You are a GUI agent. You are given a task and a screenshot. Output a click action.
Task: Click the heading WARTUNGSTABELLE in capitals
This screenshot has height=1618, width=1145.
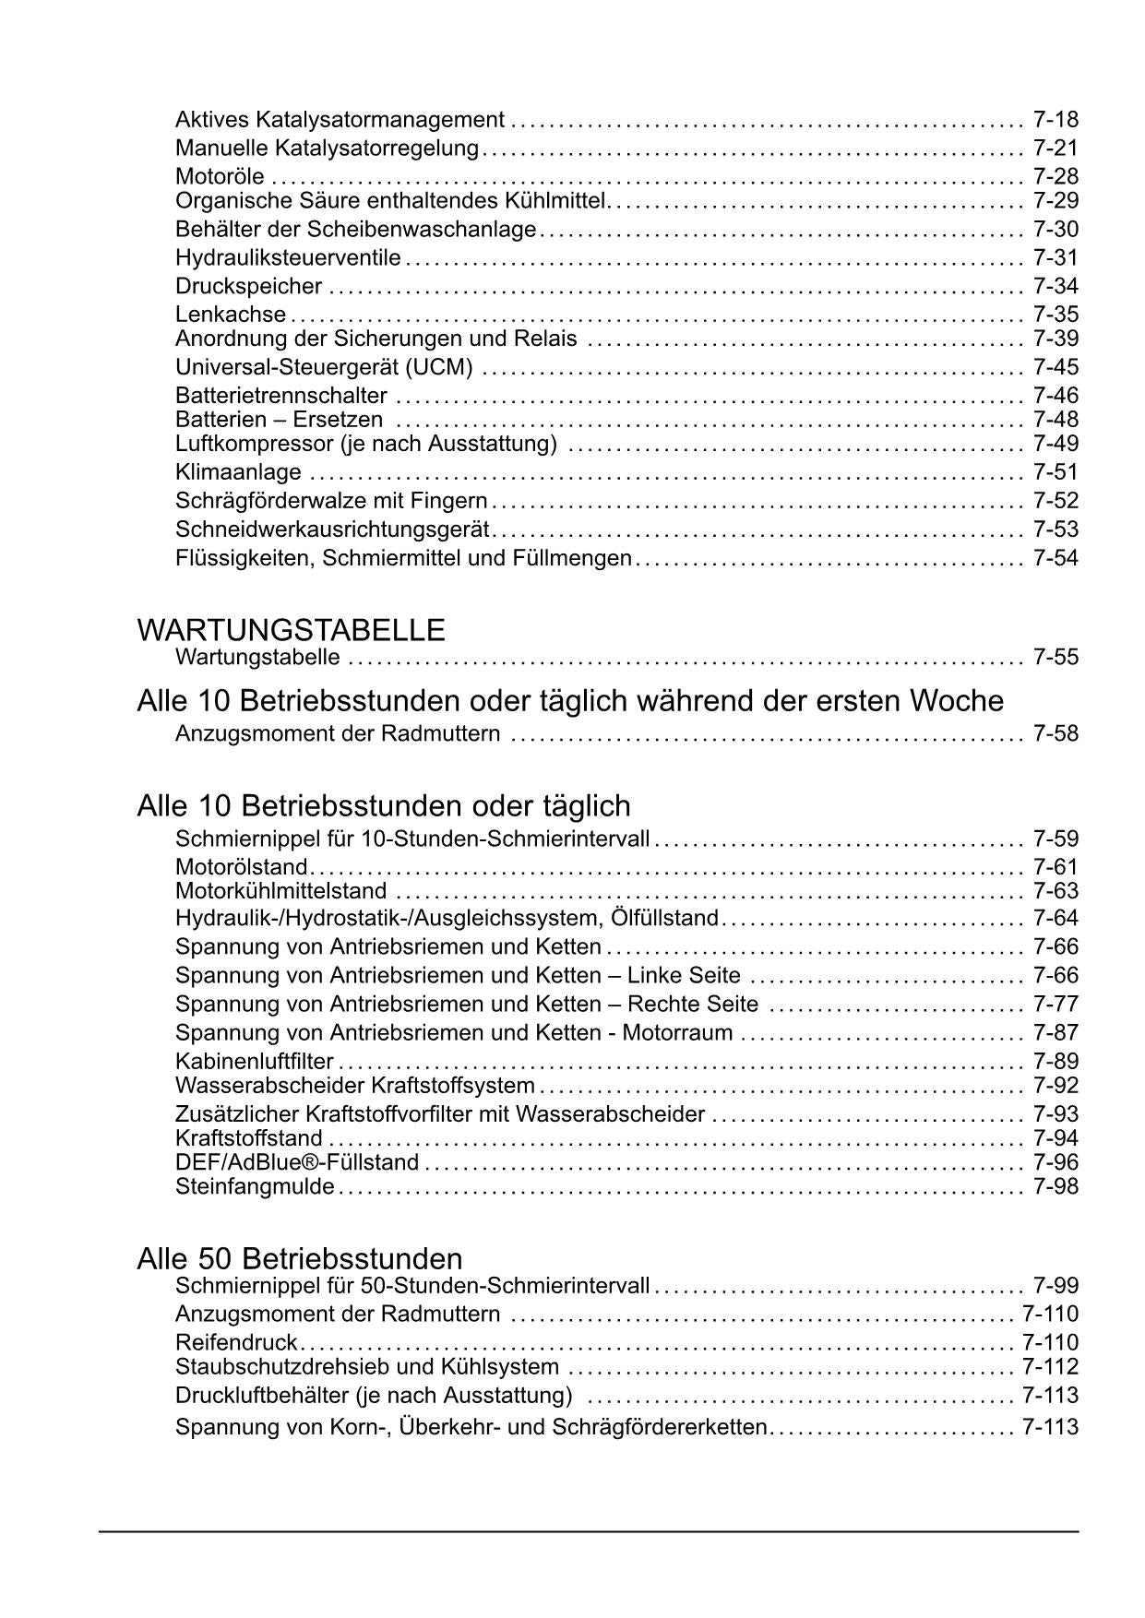[291, 631]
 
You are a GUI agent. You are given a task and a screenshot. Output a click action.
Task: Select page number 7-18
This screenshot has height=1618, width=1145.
[1056, 120]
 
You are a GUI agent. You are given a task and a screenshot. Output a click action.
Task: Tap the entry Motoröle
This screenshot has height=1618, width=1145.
[220, 176]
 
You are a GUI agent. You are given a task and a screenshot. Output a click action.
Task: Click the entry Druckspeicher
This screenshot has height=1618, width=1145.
[248, 286]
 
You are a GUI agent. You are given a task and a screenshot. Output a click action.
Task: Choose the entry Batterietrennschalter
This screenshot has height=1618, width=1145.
[281, 396]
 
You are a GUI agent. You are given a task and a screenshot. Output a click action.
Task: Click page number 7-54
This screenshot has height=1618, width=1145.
[1056, 558]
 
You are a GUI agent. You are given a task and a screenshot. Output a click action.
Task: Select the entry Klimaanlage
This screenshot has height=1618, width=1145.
[238, 472]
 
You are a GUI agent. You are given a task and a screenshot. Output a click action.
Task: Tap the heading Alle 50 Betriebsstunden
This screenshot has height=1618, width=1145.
[300, 1259]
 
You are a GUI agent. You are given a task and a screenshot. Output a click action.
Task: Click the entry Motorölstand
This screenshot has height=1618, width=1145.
[241, 867]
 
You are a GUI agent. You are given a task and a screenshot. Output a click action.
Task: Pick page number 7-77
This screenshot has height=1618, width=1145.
[1056, 1004]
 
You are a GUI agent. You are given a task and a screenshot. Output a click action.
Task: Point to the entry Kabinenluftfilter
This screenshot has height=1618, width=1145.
[255, 1062]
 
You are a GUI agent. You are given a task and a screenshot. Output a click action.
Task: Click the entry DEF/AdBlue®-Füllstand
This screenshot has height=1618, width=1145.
[297, 1162]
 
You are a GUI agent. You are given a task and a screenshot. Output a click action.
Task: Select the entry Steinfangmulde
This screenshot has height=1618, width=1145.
[255, 1186]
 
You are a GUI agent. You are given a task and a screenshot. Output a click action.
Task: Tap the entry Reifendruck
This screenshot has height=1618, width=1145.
[236, 1342]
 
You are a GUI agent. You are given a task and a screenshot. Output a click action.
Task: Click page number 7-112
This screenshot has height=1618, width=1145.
[1050, 1366]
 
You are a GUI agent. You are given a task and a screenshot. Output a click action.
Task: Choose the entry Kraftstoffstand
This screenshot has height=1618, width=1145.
[249, 1138]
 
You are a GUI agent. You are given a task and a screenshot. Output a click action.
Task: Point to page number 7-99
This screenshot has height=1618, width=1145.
[1056, 1286]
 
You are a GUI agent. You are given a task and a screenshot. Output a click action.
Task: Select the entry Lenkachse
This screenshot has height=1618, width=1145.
[231, 315]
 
